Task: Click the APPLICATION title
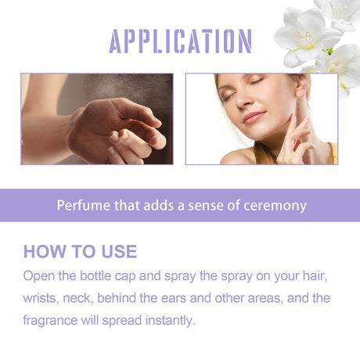pyautogui.click(x=180, y=41)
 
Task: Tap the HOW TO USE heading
pyautogui.click(x=80, y=251)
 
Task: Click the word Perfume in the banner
pyautogui.click(x=82, y=206)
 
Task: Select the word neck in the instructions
pyautogui.click(x=97, y=298)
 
